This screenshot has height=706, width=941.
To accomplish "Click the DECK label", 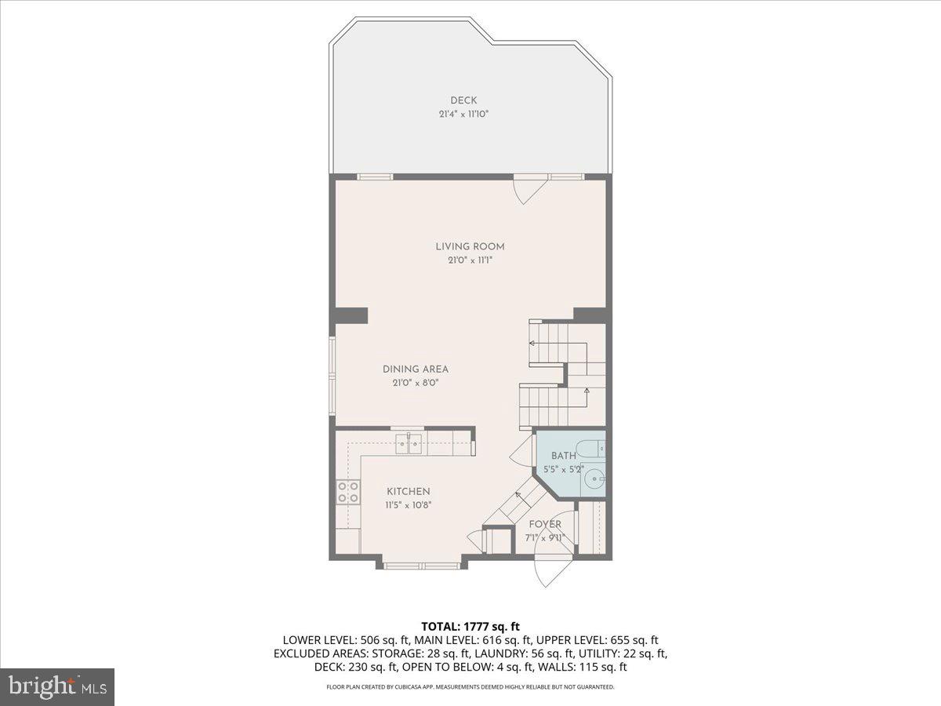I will [x=463, y=100].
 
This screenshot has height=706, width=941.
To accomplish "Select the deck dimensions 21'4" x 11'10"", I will [x=463, y=115].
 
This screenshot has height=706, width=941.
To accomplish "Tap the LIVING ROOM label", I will [x=470, y=246].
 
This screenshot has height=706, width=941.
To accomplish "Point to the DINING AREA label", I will [x=416, y=369].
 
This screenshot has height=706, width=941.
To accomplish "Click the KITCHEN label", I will [x=408, y=491].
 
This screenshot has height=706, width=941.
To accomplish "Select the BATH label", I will [x=563, y=456].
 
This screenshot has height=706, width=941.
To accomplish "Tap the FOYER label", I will [x=544, y=524].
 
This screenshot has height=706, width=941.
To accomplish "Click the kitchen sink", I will [x=409, y=443].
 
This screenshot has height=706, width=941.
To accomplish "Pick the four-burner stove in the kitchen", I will [x=347, y=492].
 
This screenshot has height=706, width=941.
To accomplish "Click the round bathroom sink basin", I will [x=595, y=478].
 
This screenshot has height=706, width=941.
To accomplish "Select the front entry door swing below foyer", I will [x=550, y=571].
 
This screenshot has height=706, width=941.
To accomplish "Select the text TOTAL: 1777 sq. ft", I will [x=470, y=626].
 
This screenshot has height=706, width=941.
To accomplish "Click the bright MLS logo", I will [x=57, y=686].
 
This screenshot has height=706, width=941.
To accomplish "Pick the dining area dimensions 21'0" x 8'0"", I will [x=416, y=383].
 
